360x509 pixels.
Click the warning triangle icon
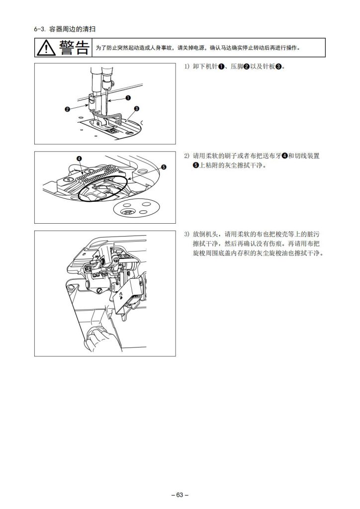point(46,48)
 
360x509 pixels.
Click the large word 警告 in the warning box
point(74,47)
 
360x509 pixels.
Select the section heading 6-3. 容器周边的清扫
point(65,29)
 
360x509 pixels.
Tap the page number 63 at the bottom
point(180,495)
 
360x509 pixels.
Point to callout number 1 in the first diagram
point(128,97)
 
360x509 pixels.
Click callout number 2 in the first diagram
point(67,109)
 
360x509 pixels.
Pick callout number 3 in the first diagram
point(136,108)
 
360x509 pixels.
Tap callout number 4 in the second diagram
point(79,159)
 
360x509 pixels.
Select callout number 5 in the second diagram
point(164,167)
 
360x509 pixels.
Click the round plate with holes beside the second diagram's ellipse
point(137,208)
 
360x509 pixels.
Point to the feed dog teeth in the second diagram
point(97,176)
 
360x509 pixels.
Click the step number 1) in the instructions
point(186,67)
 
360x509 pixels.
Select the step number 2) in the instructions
point(186,156)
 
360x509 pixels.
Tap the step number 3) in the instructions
point(186,234)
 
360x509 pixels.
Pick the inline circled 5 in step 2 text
point(196,165)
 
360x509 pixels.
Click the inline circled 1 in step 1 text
point(221,67)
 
